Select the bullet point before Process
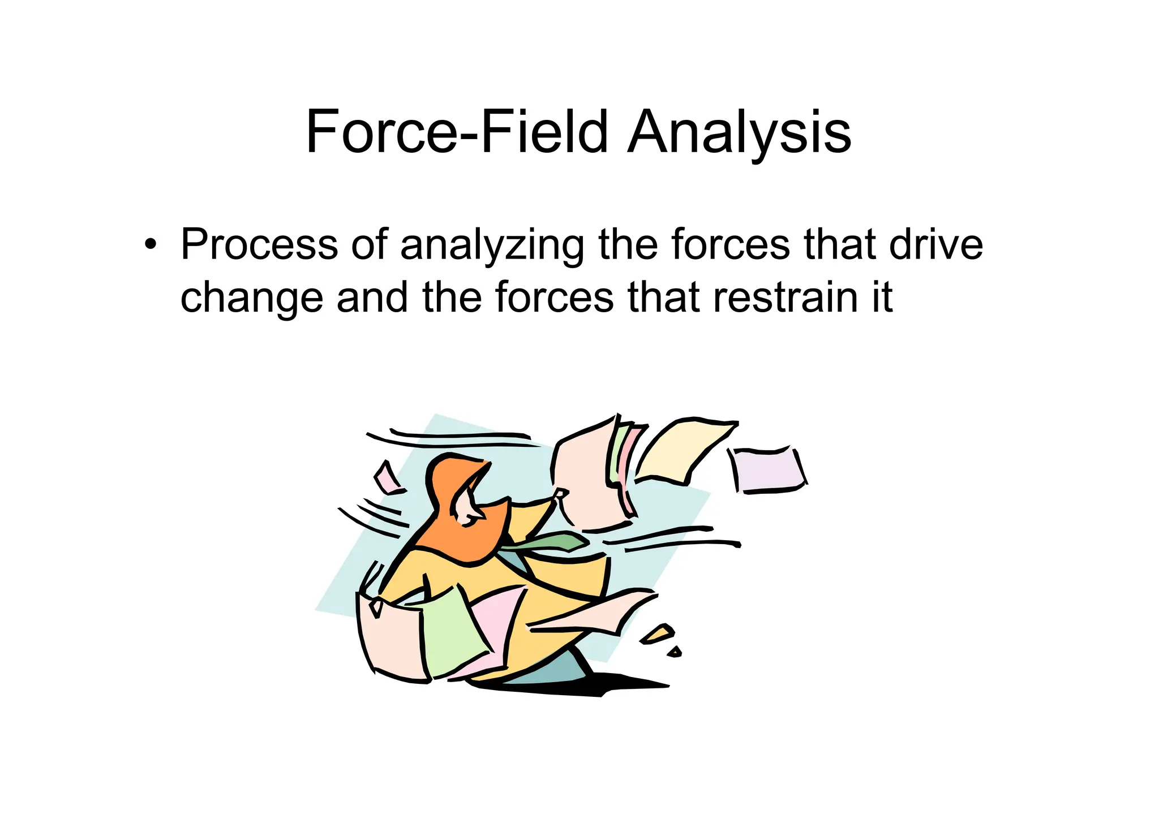coord(149,245)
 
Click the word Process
coord(259,245)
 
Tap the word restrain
coord(787,298)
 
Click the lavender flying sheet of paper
coord(769,471)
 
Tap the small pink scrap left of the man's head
coord(388,479)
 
